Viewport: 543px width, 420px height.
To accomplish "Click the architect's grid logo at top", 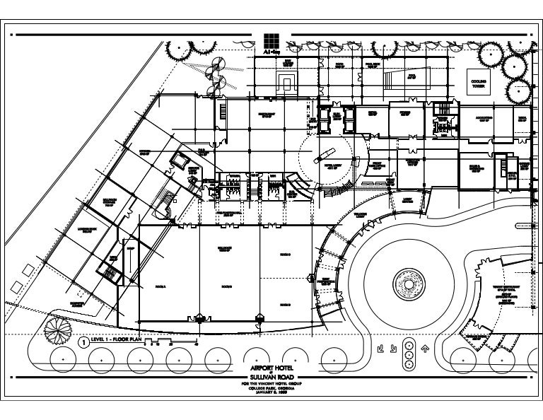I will (270, 40).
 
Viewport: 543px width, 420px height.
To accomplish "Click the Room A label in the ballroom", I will (159, 286).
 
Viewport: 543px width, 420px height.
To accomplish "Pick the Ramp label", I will (130, 249).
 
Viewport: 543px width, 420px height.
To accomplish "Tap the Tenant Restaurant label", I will (507, 286).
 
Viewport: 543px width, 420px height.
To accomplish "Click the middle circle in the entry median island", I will (409, 353).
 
